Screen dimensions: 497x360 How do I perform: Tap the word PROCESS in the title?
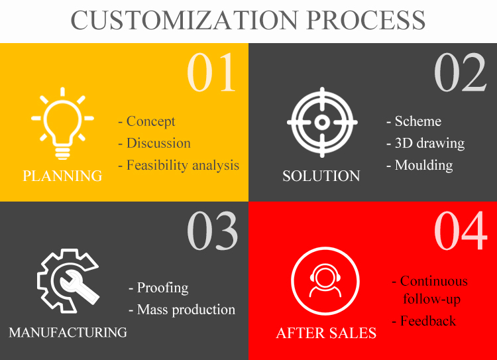366,20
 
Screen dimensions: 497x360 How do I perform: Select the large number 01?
211,72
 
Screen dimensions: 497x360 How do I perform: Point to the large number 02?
460,72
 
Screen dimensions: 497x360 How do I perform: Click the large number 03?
212,231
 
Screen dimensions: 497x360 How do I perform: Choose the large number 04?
461,231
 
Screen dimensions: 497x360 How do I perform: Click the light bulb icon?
62,123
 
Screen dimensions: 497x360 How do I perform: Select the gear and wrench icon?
68,281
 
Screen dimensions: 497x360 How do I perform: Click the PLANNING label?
62,176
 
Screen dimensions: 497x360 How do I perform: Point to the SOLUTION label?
321,176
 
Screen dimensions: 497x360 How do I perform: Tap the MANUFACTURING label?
68,332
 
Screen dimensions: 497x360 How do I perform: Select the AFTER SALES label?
326,333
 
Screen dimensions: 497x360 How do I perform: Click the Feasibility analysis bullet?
179,165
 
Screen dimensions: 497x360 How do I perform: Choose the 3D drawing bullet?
425,143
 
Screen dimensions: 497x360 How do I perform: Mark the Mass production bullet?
182,310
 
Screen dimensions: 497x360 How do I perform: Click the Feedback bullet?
424,321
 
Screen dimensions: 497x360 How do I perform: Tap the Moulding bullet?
419,165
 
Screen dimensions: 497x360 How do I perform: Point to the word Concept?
151,121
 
